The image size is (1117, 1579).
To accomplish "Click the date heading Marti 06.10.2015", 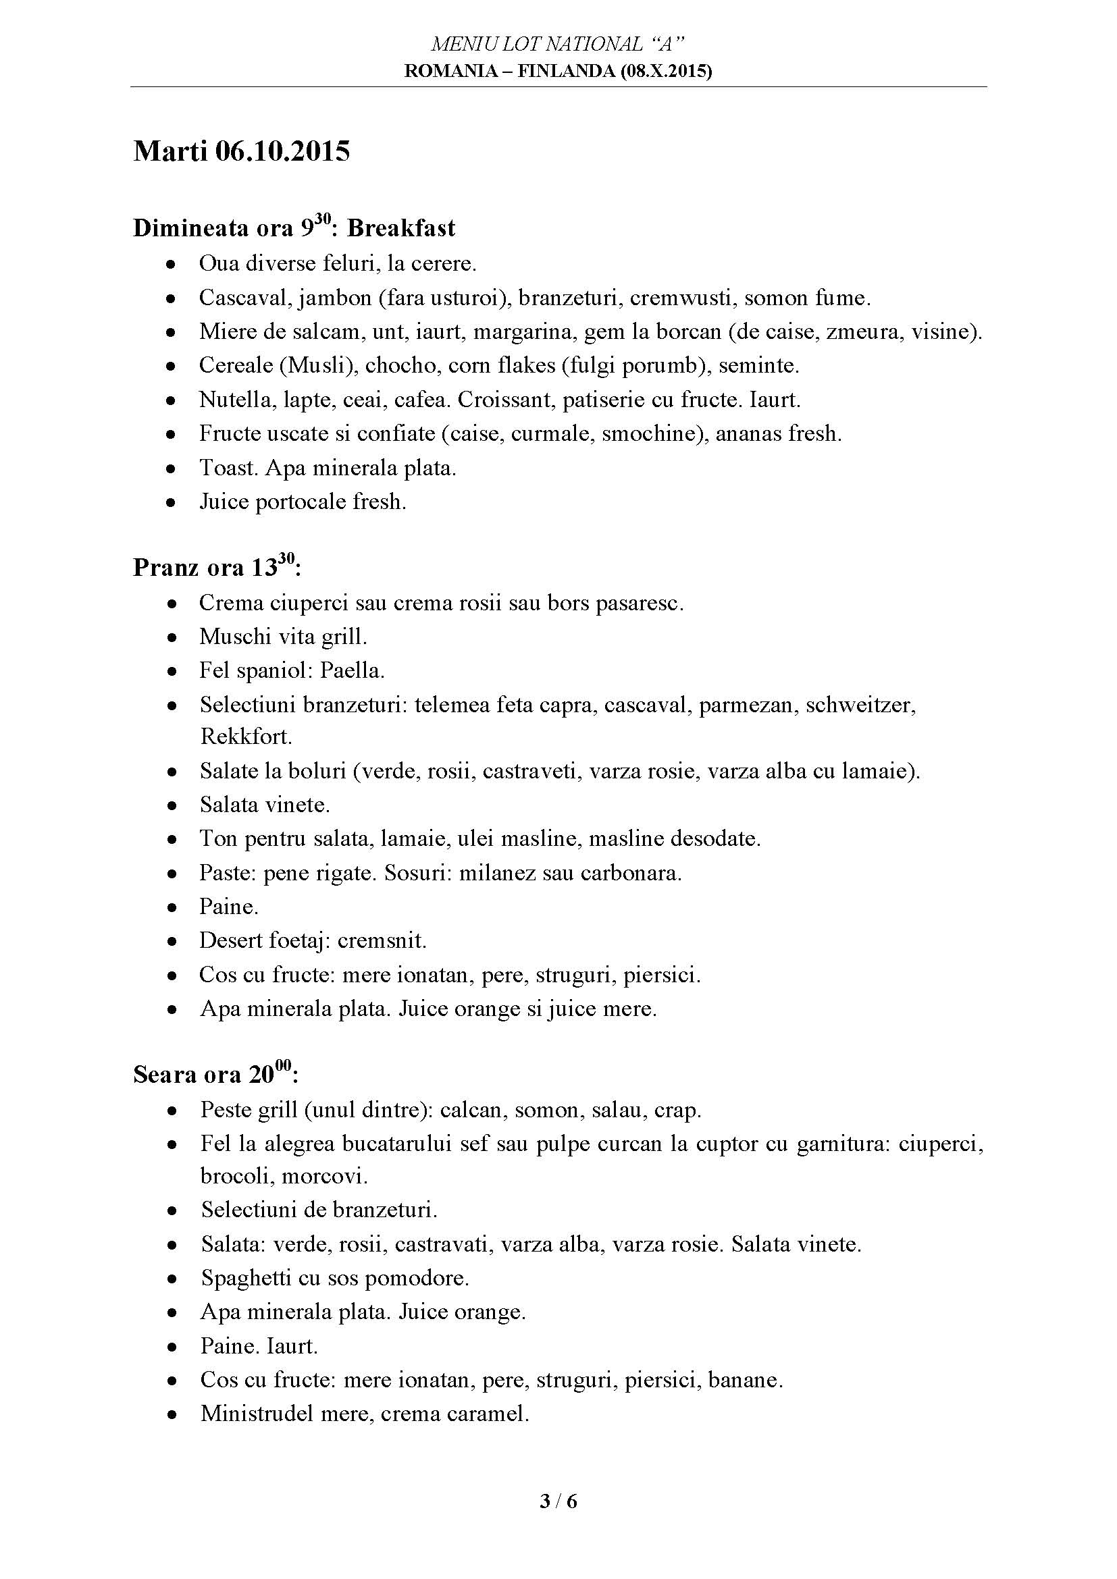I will (241, 151).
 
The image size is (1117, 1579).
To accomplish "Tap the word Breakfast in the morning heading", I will (401, 228).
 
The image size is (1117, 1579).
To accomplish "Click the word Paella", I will (352, 670).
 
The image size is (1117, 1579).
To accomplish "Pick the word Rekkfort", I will (246, 737).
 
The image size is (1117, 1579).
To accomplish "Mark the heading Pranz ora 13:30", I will (217, 567).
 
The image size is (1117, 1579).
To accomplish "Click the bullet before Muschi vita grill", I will (173, 637).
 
